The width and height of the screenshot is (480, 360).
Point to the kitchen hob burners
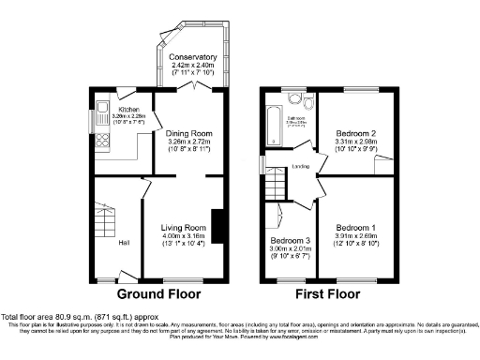point(100,142)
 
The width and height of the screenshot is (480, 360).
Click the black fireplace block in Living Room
point(217,227)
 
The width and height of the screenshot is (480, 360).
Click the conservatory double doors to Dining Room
point(193,87)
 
